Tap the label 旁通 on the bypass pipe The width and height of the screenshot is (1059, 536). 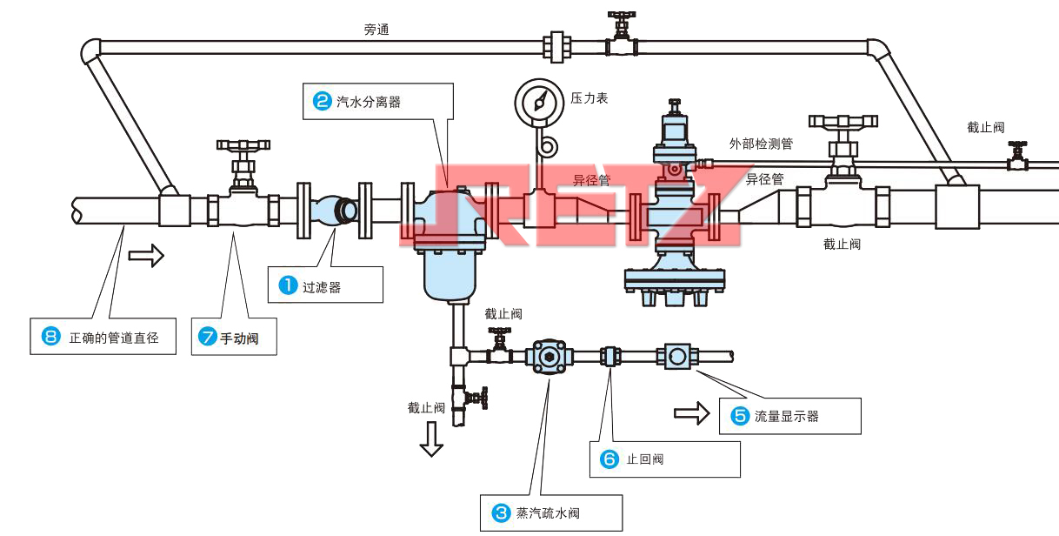tap(376, 30)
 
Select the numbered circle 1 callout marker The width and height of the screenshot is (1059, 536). tap(288, 285)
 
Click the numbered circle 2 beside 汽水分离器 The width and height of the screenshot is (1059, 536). tap(322, 101)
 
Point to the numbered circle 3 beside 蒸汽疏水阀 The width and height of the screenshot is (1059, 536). tap(501, 513)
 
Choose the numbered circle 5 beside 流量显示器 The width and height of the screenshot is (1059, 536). tap(740, 416)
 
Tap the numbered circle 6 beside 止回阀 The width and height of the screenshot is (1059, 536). tap(609, 459)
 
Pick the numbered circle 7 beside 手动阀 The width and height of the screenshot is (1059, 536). tap(208, 338)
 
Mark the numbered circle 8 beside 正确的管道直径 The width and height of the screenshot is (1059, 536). tap(50, 336)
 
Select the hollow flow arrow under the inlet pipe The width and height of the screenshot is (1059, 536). tap(145, 256)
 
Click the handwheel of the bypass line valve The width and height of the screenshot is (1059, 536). tap(622, 17)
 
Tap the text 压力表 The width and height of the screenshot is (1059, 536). tap(589, 98)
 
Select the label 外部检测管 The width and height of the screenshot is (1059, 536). tap(761, 143)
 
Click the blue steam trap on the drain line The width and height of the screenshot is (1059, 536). tap(548, 356)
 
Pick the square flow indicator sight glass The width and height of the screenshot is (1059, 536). tap(677, 355)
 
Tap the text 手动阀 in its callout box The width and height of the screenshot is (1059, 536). tap(236, 338)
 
